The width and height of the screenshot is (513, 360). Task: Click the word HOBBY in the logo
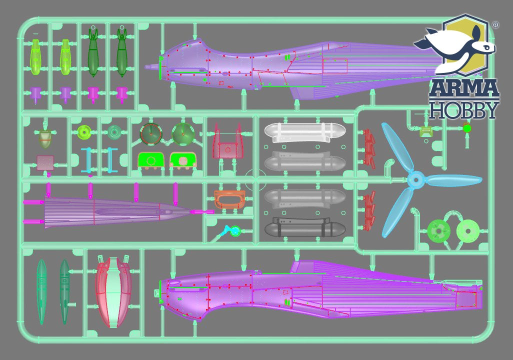click(x=464, y=110)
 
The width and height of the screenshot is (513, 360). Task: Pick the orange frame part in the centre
click(x=228, y=198)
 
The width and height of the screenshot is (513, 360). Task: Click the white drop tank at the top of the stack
click(x=304, y=132)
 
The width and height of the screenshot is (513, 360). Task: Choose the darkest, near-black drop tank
click(x=304, y=228)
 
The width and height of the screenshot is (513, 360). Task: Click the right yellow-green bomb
click(x=65, y=56)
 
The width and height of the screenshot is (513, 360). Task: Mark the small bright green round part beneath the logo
click(x=467, y=128)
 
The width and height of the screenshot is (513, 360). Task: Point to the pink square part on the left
click(x=45, y=162)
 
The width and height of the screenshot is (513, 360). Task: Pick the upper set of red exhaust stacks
click(x=370, y=147)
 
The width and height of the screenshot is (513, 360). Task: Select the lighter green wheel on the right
click(x=468, y=230)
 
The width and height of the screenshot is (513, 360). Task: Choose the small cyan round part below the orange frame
click(x=234, y=231)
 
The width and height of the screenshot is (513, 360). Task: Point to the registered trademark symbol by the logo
click(x=495, y=24)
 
